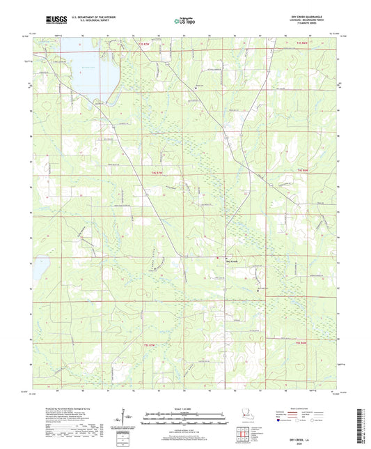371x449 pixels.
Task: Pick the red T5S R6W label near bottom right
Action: tap(301, 343)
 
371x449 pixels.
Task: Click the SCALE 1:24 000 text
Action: tap(185, 408)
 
